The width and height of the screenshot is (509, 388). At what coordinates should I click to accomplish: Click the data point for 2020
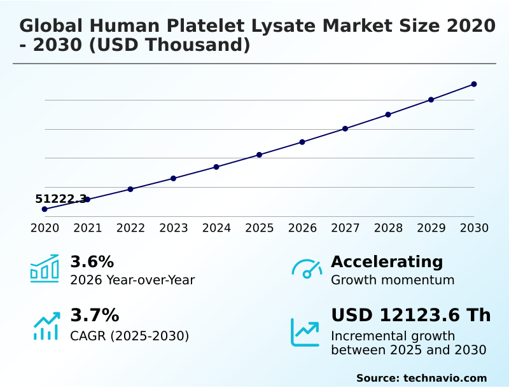click(x=45, y=209)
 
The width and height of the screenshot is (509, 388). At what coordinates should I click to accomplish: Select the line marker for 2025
click(x=260, y=155)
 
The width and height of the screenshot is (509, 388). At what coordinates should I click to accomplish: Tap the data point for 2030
click(x=474, y=84)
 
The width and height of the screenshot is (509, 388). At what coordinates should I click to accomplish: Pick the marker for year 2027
click(x=345, y=128)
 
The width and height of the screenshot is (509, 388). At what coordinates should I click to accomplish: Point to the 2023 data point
click(x=174, y=178)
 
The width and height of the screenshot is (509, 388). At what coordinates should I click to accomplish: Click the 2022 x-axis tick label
click(x=130, y=228)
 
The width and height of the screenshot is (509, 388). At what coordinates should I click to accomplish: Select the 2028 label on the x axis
click(x=388, y=228)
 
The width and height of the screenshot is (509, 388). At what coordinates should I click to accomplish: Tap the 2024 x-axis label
click(x=216, y=228)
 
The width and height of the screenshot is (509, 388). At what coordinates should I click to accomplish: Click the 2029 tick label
click(x=431, y=228)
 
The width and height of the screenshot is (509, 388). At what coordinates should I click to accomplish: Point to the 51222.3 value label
click(x=61, y=199)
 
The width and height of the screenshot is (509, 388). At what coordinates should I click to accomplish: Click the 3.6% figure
click(x=92, y=262)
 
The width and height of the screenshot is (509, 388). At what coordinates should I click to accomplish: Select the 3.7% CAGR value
click(x=94, y=315)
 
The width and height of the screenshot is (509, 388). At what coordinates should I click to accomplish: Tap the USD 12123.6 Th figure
click(x=411, y=315)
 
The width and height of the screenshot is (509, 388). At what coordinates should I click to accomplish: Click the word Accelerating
click(x=387, y=262)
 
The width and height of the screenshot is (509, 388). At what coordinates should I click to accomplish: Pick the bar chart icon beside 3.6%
click(x=45, y=268)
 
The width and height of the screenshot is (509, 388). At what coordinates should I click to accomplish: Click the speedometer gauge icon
click(x=306, y=268)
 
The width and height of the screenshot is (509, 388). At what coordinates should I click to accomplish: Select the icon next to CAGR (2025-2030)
click(x=46, y=326)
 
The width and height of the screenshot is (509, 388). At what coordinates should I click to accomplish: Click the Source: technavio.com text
click(x=421, y=378)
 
